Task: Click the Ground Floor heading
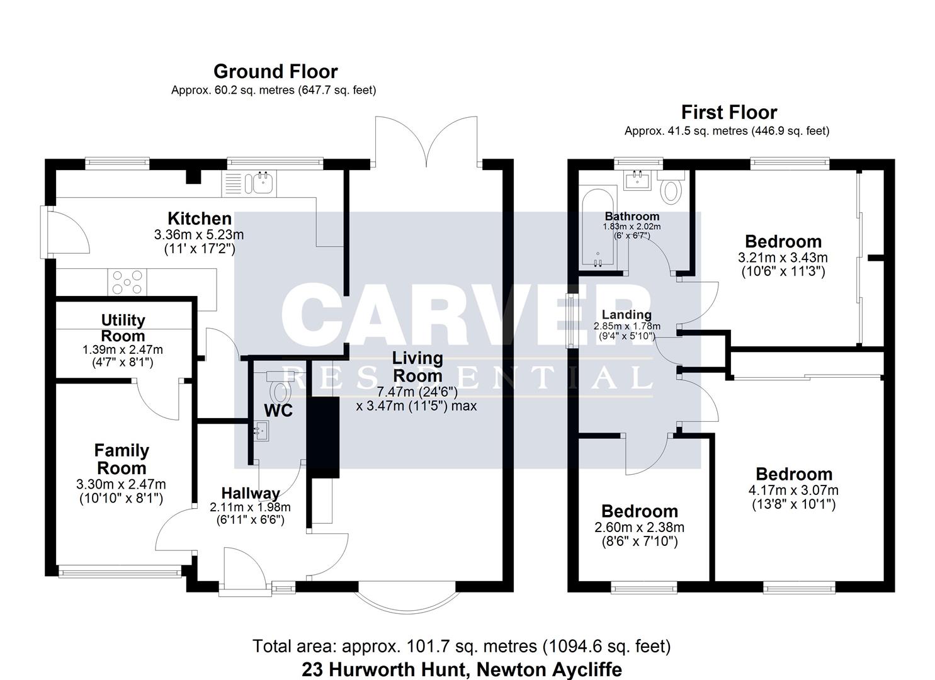tap(275, 71)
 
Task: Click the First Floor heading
tap(728, 112)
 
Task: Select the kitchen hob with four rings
tap(128, 281)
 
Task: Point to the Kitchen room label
tap(199, 218)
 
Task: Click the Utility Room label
tap(123, 327)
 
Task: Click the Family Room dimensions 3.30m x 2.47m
tap(121, 484)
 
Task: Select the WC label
tap(278, 411)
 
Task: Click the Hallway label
tap(250, 493)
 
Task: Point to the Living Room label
tap(417, 366)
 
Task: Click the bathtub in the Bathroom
tap(599, 227)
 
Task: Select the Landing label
tap(626, 314)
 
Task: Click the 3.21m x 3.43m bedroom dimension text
tap(783, 258)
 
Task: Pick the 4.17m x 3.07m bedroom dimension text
tap(793, 490)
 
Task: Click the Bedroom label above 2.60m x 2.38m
tap(639, 511)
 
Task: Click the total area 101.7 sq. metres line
tap(462, 646)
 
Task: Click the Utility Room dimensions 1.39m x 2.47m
tap(122, 349)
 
